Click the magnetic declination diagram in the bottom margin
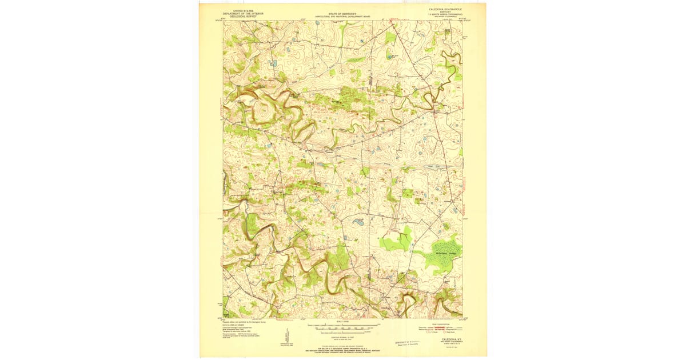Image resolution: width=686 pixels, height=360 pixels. click(x=286, y=337)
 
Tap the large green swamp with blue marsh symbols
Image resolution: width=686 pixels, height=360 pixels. click(x=443, y=255)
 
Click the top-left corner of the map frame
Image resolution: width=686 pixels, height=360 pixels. click(x=223, y=22)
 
